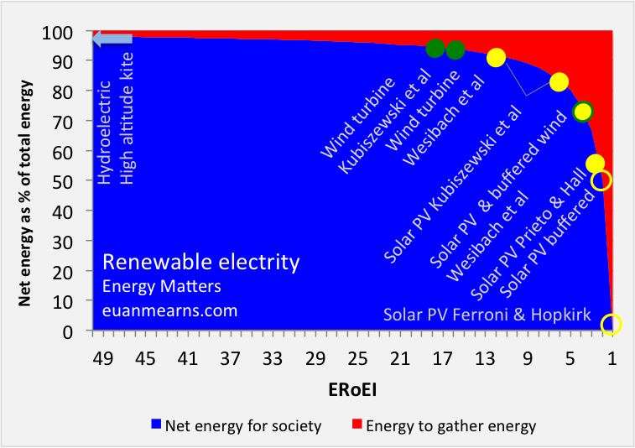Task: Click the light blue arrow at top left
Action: click(112, 39)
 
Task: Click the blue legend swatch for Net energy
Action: click(155, 425)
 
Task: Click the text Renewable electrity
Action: click(200, 263)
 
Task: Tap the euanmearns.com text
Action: click(170, 310)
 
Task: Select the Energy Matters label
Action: click(156, 287)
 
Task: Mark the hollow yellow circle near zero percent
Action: click(612, 324)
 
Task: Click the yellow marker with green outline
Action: click(582, 111)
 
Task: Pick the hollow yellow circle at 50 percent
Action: click(601, 180)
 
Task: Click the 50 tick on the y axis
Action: click(71, 180)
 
